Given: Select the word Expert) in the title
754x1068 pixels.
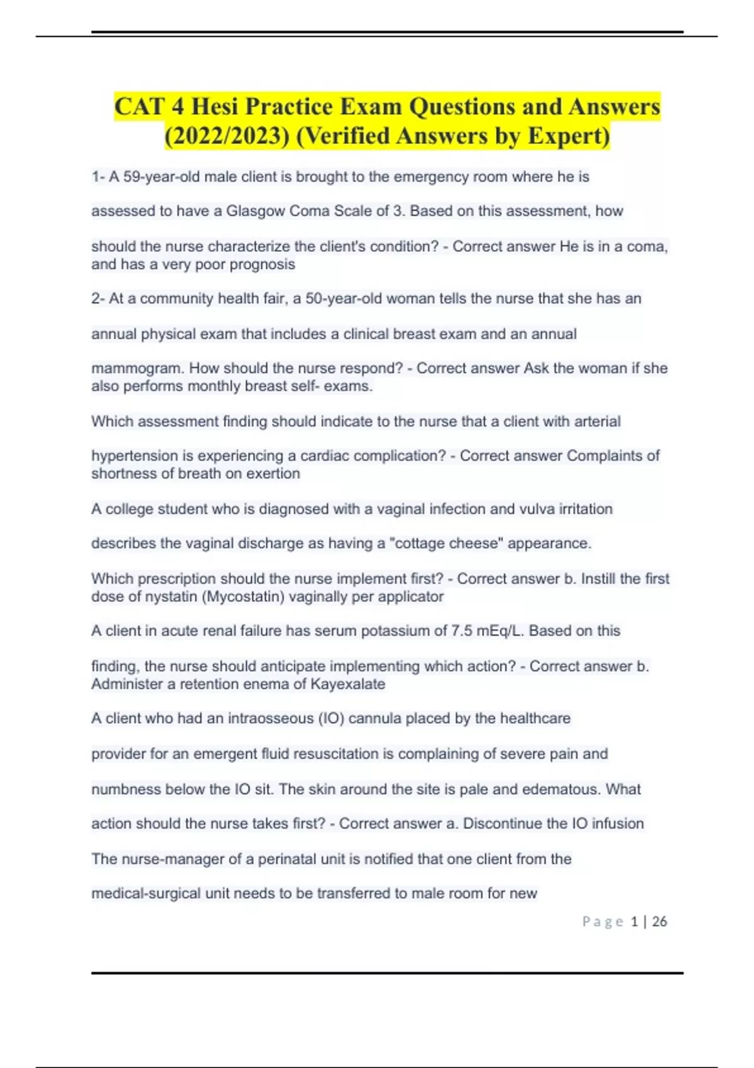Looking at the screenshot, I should point(569,136).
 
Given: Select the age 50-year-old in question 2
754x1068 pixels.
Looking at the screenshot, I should point(343,298).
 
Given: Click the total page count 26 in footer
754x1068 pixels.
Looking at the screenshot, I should point(660,922).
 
